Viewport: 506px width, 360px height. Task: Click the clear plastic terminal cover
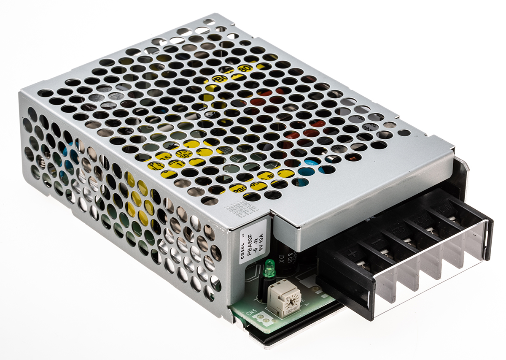pos(426,270)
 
